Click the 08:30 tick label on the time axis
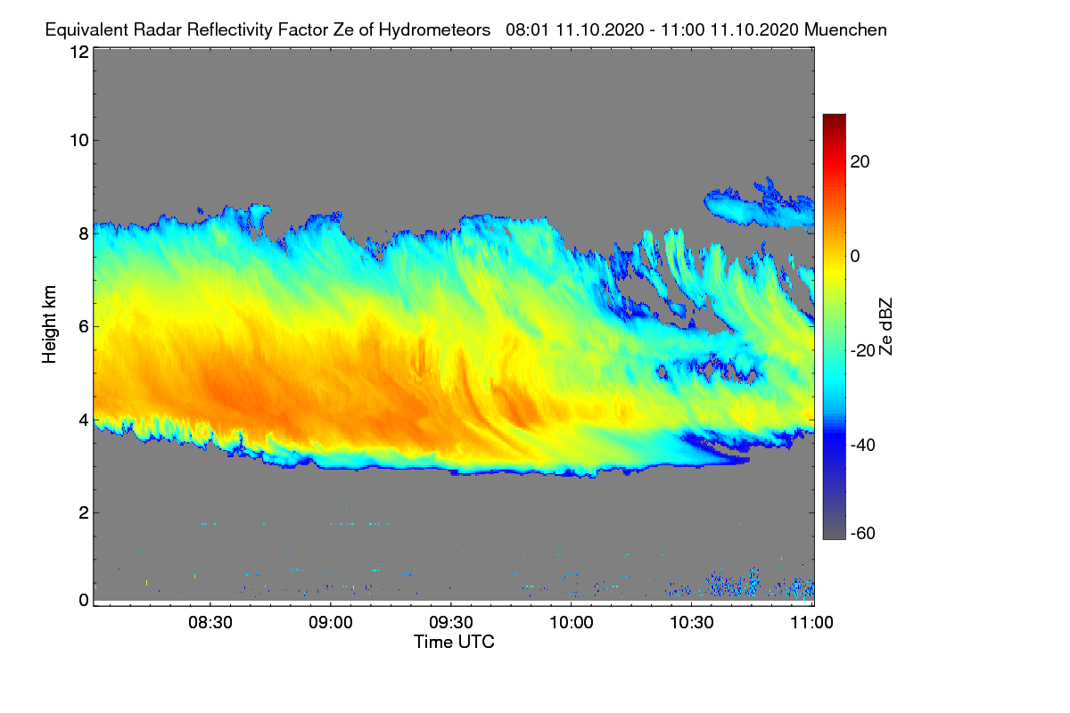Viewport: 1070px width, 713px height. tap(210, 623)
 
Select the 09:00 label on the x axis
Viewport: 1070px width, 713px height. tap(331, 623)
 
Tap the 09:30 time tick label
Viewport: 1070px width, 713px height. tap(451, 623)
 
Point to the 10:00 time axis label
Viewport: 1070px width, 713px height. tap(572, 623)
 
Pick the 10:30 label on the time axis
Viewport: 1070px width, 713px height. tap(692, 623)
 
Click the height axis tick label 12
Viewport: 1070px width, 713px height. tap(78, 53)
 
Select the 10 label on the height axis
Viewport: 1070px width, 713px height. tap(78, 140)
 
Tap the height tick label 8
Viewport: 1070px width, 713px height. tap(83, 234)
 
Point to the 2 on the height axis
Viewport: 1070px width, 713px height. tap(83, 512)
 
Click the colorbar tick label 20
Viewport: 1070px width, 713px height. tap(860, 162)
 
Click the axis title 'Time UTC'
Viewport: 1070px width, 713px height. tap(454, 642)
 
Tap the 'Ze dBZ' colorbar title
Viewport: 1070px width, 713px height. tap(885, 326)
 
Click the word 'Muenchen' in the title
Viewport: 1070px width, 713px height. tap(845, 29)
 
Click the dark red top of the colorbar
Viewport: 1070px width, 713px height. tap(834, 119)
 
